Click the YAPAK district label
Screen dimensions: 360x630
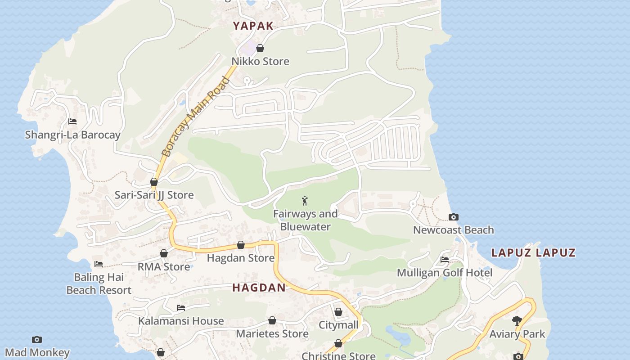click(253, 26)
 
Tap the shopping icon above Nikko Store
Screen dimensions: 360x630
click(260, 48)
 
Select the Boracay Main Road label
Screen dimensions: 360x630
click(195, 117)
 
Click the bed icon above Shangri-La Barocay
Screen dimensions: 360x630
click(72, 121)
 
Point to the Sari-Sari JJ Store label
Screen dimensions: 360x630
click(154, 195)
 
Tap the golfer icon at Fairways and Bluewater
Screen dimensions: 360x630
click(305, 201)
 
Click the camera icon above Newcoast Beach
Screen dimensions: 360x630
click(454, 217)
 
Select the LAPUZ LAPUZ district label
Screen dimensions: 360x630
click(533, 252)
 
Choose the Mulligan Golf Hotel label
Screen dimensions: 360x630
click(445, 273)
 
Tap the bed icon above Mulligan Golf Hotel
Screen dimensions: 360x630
click(445, 260)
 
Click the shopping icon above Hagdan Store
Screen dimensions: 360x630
click(241, 245)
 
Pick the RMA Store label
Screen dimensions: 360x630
click(164, 267)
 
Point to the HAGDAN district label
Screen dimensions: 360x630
click(259, 288)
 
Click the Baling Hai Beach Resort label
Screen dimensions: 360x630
click(99, 283)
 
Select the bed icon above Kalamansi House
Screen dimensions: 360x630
click(181, 308)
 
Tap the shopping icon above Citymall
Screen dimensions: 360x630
click(338, 312)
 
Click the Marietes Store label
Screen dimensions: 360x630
click(272, 334)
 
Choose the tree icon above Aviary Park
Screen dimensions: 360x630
click(517, 321)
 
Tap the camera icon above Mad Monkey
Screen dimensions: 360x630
click(37, 339)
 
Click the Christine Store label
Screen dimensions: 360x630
click(338, 356)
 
